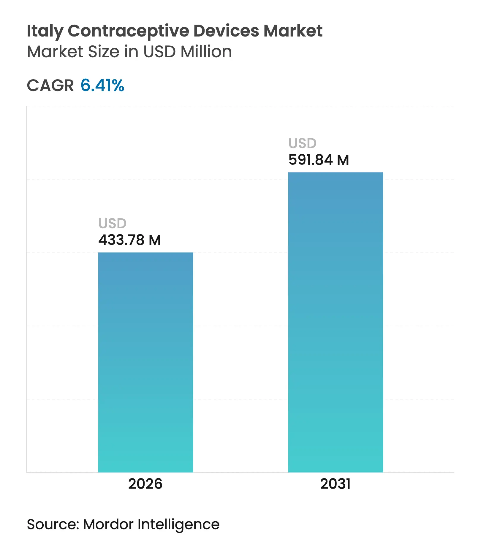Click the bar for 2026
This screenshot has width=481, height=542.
(x=145, y=362)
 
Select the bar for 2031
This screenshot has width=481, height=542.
(x=336, y=322)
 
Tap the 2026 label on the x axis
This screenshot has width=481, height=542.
(x=145, y=484)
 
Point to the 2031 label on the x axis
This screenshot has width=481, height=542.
(x=335, y=484)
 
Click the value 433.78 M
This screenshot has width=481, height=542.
(x=129, y=240)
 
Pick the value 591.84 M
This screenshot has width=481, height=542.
(x=319, y=160)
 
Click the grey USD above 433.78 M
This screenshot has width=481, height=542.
(x=113, y=224)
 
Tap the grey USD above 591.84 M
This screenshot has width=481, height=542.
(x=303, y=143)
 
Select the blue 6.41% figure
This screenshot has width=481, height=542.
(x=102, y=85)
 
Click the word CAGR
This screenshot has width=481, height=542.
(x=50, y=85)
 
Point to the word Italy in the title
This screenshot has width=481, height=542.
(x=45, y=31)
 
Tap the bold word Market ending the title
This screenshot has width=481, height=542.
(x=293, y=31)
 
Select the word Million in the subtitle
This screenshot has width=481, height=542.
(x=206, y=52)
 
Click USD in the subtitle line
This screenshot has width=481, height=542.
(x=159, y=52)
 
